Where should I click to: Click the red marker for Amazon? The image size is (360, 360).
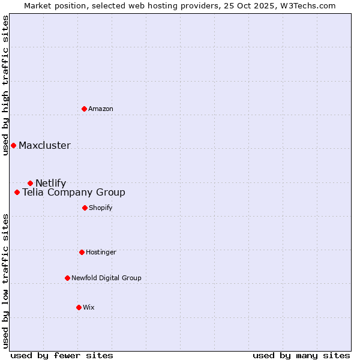coord(85,109)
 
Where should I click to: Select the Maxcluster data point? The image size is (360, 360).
coord(13,145)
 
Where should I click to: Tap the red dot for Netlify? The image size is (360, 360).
coord(30,183)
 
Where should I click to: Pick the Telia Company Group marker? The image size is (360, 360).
coord(17,192)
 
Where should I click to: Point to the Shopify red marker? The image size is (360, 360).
coord(85,208)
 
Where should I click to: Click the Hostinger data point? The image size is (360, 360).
coord(82,252)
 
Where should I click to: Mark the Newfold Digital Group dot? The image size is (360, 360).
coord(67,278)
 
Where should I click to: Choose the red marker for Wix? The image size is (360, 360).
coord(79,307)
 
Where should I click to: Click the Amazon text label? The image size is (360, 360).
coord(101,109)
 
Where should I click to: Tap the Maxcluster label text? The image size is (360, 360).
coord(44,145)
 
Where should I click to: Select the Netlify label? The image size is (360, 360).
coord(51,183)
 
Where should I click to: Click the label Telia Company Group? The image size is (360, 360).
coord(74,192)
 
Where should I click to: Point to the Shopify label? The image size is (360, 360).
coord(101,208)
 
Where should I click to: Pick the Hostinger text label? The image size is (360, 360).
coord(101,252)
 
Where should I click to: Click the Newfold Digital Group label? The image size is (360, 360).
coord(106,278)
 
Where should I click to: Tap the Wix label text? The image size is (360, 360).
coord(89,307)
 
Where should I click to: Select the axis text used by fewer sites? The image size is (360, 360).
coord(62,355)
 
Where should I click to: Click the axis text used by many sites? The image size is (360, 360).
coord(301,355)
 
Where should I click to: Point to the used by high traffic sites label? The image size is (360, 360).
coord(5,85)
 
